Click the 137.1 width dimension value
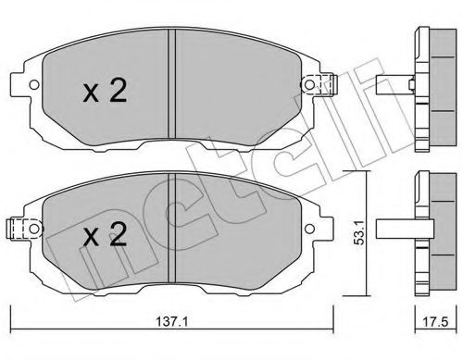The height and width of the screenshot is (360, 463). click(x=172, y=322)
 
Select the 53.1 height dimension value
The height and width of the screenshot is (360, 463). click(x=359, y=232)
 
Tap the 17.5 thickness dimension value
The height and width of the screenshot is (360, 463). click(x=435, y=322)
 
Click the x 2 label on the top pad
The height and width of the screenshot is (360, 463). click(x=105, y=90)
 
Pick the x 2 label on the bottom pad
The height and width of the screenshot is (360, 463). click(x=105, y=234)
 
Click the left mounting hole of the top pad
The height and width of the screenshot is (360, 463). click(x=34, y=84)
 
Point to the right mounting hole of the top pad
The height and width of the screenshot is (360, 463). click(x=309, y=84)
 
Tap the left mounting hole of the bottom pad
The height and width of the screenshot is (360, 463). click(x=34, y=229)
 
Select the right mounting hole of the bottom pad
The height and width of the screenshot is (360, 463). click(x=309, y=229)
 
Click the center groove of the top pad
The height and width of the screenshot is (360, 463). click(x=171, y=83)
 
